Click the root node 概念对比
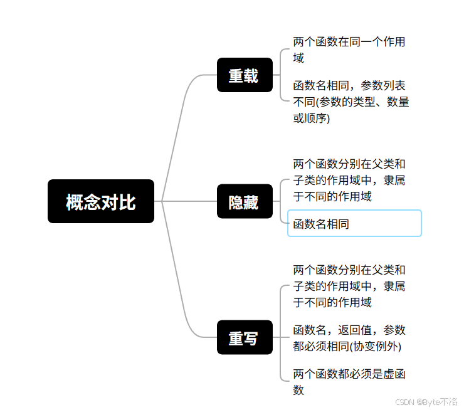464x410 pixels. point(101,201)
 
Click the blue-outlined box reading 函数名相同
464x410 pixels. point(354,223)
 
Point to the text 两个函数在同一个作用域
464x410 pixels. point(349,50)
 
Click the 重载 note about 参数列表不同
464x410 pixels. point(351,101)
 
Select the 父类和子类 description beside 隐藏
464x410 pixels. point(349,180)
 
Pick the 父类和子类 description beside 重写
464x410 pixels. point(349,286)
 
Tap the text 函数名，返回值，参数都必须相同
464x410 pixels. point(349,338)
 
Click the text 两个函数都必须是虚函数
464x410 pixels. point(349,382)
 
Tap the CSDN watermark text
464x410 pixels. point(406,401)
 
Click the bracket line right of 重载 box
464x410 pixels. point(280,75)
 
